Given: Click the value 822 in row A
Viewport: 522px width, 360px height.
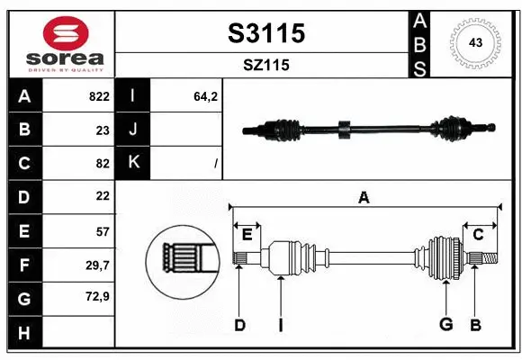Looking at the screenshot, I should [98, 96].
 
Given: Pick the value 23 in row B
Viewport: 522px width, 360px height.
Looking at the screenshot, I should [102, 130].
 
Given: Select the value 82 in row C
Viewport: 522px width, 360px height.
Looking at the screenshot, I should [102, 163].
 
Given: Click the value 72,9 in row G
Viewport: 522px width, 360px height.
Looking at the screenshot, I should [97, 296].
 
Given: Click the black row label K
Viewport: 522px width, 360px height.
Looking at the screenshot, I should [134, 163].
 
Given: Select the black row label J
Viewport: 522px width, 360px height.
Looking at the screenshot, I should [134, 130].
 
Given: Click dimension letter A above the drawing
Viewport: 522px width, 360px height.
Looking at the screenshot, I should [364, 198].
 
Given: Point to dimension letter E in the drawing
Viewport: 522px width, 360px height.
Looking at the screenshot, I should [247, 234].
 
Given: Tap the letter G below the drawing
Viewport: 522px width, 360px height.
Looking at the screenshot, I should [445, 324].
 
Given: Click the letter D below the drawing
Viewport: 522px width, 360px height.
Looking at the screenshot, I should [239, 324].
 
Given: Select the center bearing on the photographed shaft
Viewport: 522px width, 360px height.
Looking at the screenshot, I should [343, 130].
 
